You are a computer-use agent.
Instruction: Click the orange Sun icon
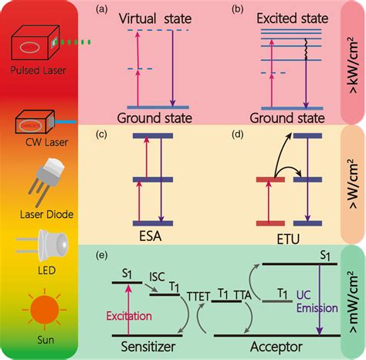click(x=44, y=309)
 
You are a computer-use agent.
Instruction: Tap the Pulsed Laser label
click(x=38, y=70)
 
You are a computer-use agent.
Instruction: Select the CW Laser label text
click(x=46, y=142)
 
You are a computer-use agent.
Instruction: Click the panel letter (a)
click(x=101, y=9)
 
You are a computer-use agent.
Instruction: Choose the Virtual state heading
click(x=155, y=19)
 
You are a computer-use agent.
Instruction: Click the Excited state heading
click(x=293, y=19)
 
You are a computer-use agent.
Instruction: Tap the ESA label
click(x=151, y=236)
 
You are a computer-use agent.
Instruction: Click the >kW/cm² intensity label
click(x=354, y=65)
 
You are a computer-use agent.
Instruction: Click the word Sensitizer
click(x=148, y=347)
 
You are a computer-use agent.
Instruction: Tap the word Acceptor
click(x=276, y=347)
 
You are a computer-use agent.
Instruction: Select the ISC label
click(x=157, y=277)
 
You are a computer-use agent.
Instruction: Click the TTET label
click(x=198, y=297)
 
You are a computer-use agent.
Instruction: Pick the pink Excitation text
click(x=129, y=316)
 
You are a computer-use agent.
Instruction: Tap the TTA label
click(x=242, y=295)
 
